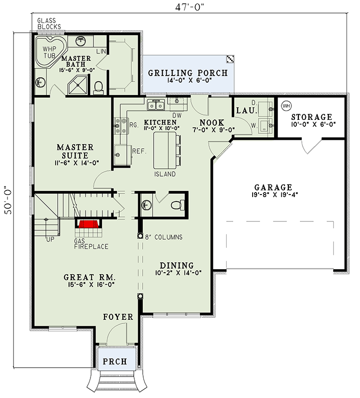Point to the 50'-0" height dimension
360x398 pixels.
[7, 199]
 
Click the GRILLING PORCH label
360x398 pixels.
[188, 73]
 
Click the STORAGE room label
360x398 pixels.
[312, 117]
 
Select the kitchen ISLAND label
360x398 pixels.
[165, 174]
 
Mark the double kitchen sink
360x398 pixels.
[156, 105]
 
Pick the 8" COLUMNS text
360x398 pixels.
[163, 237]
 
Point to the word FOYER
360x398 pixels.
[118, 317]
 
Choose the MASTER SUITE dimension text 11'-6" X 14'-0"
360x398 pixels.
[75, 162]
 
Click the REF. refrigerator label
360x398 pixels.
[138, 151]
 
